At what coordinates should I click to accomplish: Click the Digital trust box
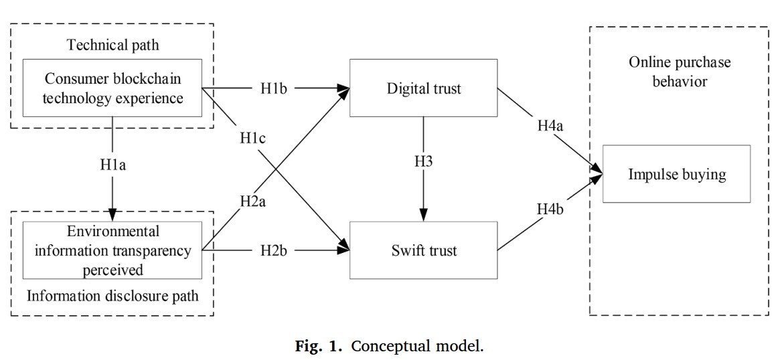click(x=423, y=88)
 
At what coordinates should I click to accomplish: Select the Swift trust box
click(x=423, y=251)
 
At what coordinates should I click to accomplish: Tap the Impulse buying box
click(x=676, y=174)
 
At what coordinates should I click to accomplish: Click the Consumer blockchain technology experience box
click(x=112, y=88)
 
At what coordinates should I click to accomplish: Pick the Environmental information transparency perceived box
click(x=112, y=251)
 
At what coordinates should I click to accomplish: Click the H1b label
click(x=274, y=88)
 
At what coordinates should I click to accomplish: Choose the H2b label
click(x=274, y=252)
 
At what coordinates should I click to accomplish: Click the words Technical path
click(x=112, y=46)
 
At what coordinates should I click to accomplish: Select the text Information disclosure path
click(x=112, y=294)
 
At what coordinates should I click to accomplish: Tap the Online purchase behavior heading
click(x=680, y=71)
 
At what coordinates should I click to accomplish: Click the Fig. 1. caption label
click(x=321, y=347)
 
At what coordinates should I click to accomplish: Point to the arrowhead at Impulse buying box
click(x=597, y=173)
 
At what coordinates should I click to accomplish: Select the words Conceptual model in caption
click(x=416, y=347)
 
